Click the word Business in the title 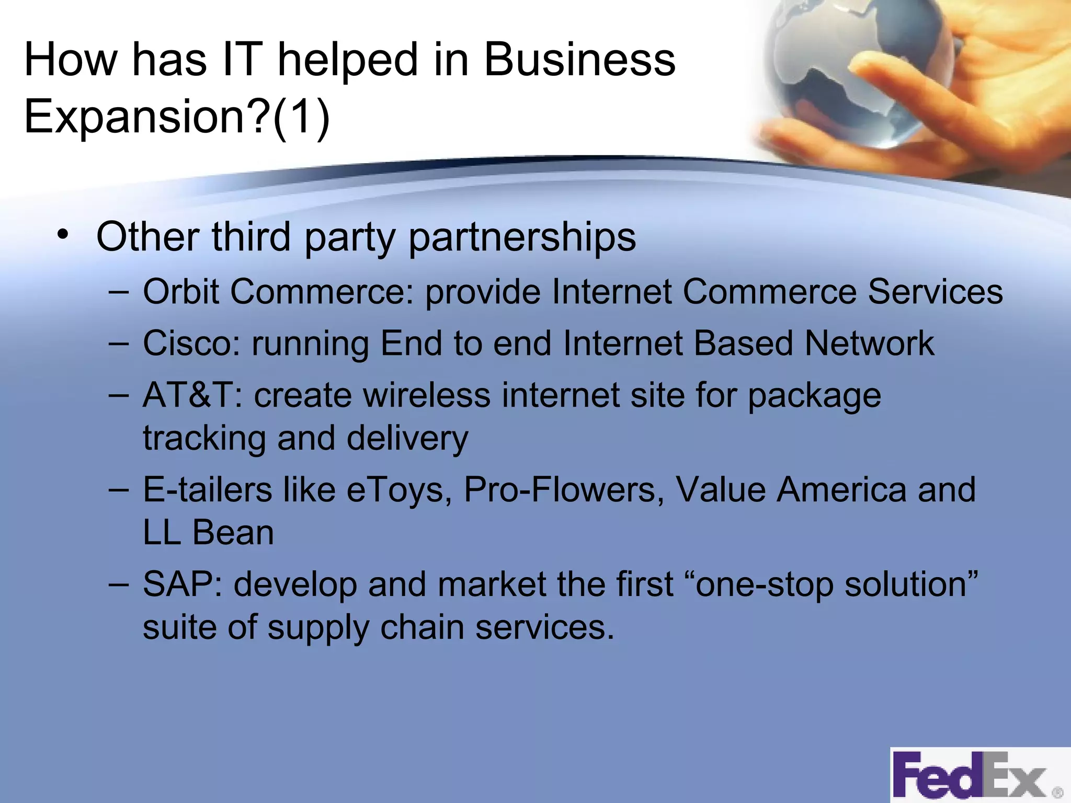pos(579,60)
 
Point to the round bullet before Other pos(63,235)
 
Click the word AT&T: pos(192,395)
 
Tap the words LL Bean pos(208,533)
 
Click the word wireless pos(427,395)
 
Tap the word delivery pos(407,438)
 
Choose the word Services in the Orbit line pos(935,291)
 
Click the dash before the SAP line pos(119,584)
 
